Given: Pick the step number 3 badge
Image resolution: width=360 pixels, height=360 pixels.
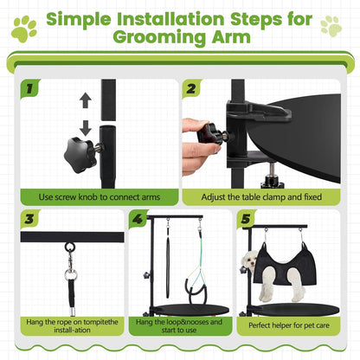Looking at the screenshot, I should pyautogui.click(x=29, y=221).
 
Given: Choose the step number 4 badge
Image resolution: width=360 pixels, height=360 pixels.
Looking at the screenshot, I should pyautogui.click(x=138, y=221).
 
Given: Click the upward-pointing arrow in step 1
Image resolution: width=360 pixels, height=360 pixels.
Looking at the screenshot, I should pyautogui.click(x=85, y=101).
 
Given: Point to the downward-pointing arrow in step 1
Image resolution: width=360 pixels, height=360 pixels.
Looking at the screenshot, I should pyautogui.click(x=85, y=127).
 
